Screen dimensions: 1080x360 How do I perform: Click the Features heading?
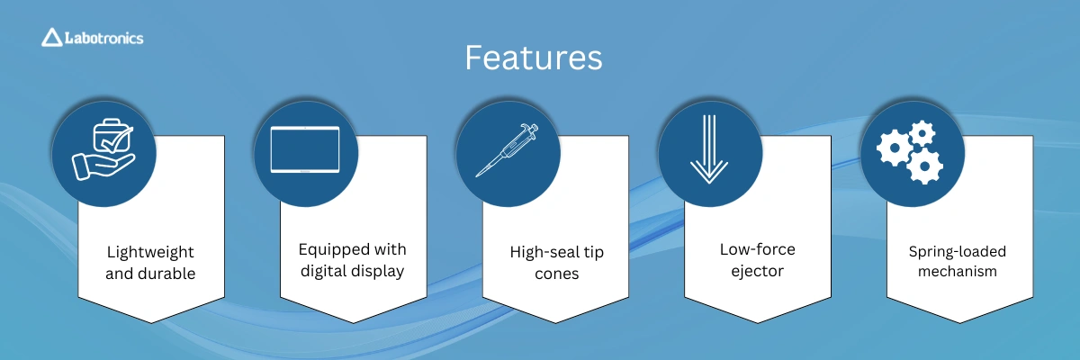pos(533,58)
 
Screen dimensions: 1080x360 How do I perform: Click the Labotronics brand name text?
pos(104,38)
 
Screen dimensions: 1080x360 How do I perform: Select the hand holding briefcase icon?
pos(103,150)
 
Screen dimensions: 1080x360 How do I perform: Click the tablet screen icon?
pos(305,149)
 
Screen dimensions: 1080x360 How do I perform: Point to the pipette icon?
pos(507,150)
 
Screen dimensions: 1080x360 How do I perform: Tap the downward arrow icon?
pos(709,149)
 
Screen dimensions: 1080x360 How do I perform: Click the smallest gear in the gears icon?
pos(922,133)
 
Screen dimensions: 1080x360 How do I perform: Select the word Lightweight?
pos(150,252)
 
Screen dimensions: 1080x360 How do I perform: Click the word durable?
pos(167,274)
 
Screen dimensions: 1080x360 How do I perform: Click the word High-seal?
pos(543,252)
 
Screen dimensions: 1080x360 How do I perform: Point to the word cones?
pos(556,274)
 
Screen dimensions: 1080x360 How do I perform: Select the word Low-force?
pos(758,249)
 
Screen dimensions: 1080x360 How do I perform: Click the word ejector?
pos(758,271)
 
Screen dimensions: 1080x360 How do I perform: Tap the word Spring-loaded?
pos(957,252)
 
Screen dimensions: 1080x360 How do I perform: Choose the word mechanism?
pos(957,271)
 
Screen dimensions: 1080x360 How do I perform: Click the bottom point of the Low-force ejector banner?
pos(758,323)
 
